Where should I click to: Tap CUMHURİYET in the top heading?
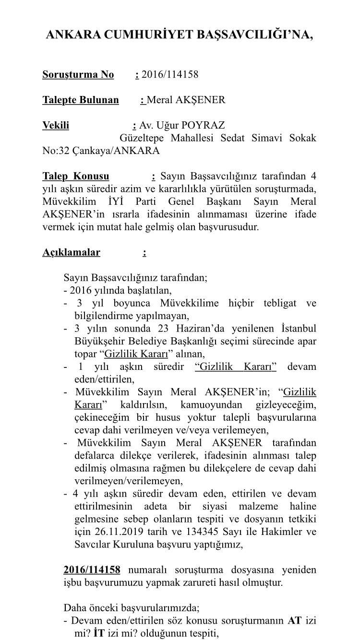(140, 35)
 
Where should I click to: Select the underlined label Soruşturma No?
(78, 74)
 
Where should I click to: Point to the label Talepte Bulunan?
(80, 100)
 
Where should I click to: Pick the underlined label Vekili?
(56, 125)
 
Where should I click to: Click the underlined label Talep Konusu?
(75, 176)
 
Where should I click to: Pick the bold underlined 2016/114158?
(92, 569)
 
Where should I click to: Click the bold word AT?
(294, 620)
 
